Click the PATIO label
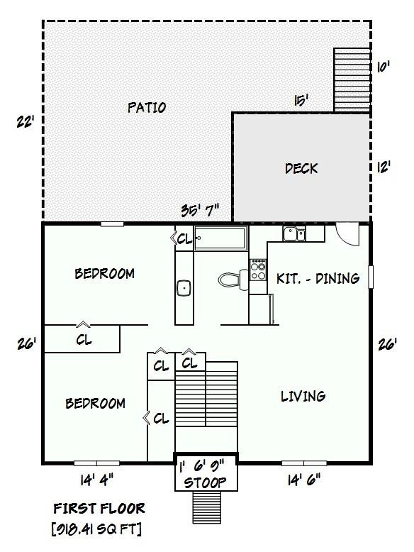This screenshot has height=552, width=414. (147, 107)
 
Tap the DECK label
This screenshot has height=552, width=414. (301, 169)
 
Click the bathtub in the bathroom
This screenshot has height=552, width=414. (221, 238)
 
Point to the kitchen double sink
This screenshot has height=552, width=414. (294, 233)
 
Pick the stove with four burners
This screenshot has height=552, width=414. (258, 270)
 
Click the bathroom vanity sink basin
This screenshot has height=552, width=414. (184, 288)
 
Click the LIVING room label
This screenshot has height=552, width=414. (303, 397)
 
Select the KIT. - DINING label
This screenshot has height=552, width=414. (318, 278)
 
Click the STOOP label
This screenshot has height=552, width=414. (205, 482)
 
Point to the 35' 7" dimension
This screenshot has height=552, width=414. (200, 211)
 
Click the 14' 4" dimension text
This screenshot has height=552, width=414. (97, 480)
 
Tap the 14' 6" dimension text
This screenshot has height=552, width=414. (304, 480)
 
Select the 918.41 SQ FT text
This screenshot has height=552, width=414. (96, 529)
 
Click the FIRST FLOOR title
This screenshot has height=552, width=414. (99, 508)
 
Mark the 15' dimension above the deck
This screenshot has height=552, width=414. (301, 100)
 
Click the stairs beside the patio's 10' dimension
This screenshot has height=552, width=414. (352, 80)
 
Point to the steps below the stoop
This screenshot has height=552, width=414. (206, 507)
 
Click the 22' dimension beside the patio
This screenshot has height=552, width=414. (26, 122)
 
